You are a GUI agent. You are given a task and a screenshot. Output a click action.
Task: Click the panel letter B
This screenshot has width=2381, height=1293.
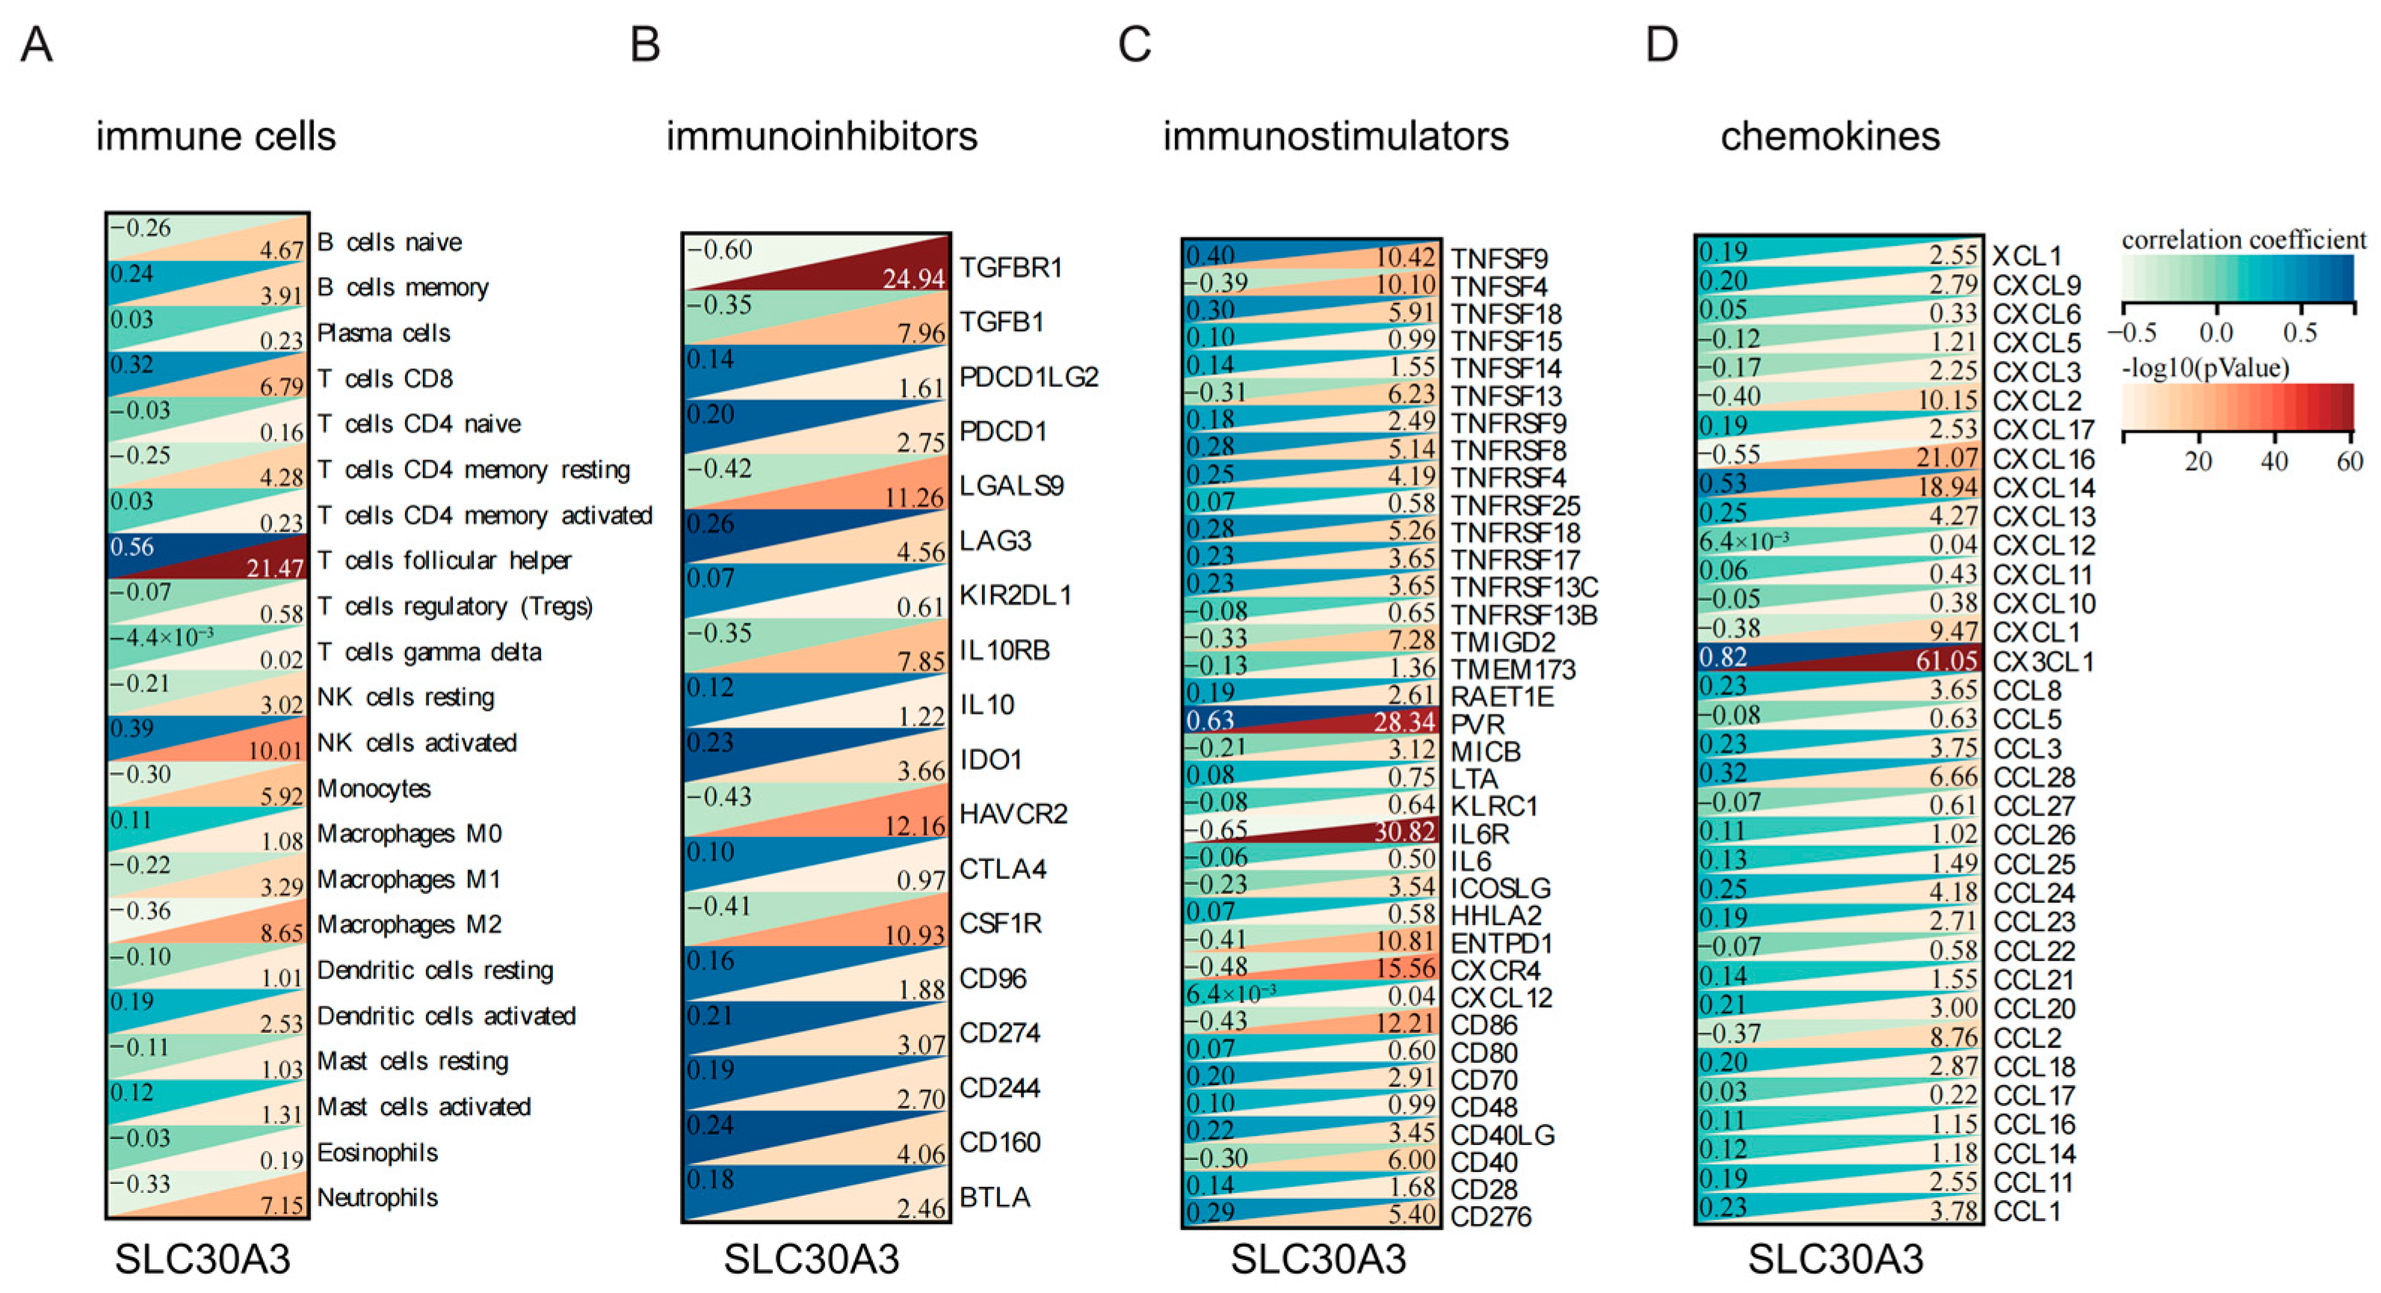645,44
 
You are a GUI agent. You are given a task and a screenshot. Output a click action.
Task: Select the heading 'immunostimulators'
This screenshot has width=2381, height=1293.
1335,137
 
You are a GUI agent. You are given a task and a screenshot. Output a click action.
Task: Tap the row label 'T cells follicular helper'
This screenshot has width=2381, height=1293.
444,561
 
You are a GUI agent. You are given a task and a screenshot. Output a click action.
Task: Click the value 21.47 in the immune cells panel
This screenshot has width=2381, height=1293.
274,567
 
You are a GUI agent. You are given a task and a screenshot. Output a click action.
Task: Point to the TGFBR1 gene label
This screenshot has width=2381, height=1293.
1011,268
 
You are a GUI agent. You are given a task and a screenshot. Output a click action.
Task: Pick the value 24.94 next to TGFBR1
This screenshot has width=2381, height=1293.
913,277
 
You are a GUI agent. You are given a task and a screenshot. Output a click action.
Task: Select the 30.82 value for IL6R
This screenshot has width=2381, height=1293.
1405,832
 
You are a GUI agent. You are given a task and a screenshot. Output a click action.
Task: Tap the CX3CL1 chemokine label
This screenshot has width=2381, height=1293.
2042,661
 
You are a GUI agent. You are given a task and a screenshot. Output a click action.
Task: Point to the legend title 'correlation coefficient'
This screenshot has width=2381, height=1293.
2243,241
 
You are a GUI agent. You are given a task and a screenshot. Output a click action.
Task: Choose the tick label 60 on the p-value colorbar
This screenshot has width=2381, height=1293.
2350,461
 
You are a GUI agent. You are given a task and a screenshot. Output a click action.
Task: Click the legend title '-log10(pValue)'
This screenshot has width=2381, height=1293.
2205,368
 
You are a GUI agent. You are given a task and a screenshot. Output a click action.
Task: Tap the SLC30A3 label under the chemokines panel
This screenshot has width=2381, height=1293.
1835,1259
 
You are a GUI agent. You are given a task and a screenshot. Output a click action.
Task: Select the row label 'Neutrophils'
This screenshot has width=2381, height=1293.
377,1198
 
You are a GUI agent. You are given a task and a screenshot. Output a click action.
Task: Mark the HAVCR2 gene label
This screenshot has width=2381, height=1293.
1013,814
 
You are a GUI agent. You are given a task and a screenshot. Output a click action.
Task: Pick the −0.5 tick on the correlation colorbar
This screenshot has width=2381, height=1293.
2132,333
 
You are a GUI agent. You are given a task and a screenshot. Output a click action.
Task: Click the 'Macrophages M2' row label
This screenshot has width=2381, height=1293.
409,925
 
